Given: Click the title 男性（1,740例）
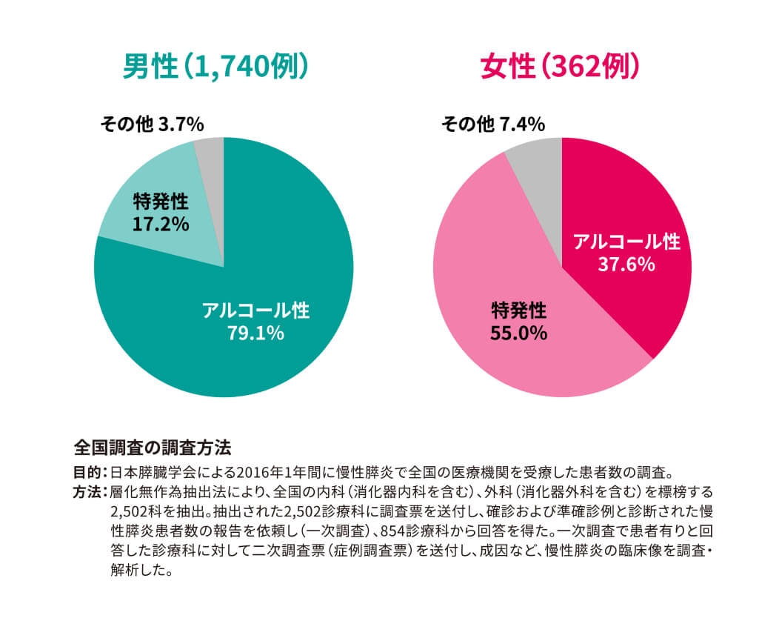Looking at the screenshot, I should [215, 68].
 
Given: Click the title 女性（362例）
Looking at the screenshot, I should [559, 68].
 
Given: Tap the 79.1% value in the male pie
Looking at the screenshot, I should [256, 333].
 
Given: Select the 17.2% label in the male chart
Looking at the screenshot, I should [161, 223].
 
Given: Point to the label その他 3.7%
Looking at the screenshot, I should [152, 124].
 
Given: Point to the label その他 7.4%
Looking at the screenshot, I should [493, 124].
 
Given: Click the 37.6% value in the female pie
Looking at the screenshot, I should [626, 265].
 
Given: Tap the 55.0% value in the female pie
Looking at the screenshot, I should [518, 333].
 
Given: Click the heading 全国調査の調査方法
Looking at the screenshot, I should [153, 448].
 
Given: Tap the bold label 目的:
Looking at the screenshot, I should [90, 471].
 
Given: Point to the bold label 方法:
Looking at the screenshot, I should [90, 491].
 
